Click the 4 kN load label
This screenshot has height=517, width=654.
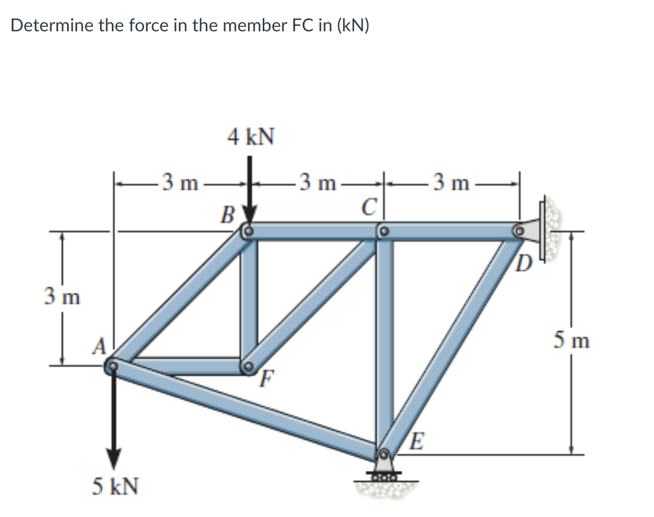pyautogui.click(x=250, y=136)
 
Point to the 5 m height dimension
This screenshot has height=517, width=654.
pyautogui.click(x=572, y=340)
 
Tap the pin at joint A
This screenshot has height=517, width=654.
pyautogui.click(x=113, y=367)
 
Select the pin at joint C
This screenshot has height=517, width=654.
pyautogui.click(x=383, y=230)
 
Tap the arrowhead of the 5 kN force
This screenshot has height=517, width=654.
pyautogui.click(x=113, y=459)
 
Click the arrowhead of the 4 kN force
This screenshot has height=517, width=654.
pyautogui.click(x=249, y=215)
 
